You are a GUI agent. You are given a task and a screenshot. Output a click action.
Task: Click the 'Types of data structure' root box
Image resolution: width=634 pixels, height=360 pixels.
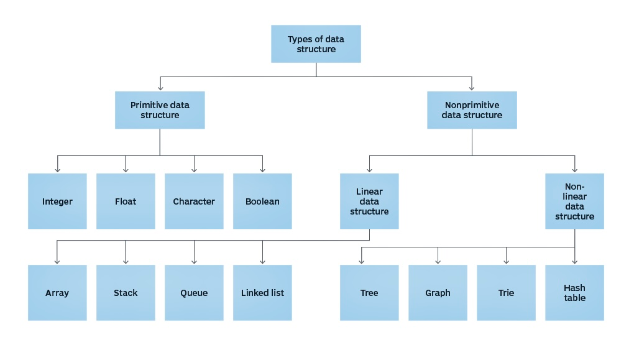(x=316, y=44)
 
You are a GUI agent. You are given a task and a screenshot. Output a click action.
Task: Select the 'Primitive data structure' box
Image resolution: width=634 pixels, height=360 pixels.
(x=160, y=110)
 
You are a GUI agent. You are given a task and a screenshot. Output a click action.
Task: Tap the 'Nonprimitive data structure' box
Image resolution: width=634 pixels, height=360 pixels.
(x=472, y=110)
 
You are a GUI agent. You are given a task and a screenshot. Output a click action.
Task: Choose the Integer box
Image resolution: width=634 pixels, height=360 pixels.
(x=57, y=201)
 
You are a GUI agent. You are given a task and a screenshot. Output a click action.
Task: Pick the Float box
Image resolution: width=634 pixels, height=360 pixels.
(x=126, y=201)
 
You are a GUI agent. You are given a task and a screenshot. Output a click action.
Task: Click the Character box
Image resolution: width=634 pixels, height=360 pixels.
(x=194, y=201)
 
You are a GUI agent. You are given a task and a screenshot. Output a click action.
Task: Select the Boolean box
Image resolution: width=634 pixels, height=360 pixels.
(x=262, y=201)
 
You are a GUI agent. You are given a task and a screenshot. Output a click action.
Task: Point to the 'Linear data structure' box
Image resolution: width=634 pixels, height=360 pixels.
(x=369, y=201)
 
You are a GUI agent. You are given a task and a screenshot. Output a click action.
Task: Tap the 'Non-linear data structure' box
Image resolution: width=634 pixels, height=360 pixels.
(x=574, y=201)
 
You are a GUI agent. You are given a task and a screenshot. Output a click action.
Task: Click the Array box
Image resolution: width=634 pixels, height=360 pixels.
(x=57, y=293)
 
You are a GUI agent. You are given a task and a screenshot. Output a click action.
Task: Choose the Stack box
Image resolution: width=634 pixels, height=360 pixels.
(x=126, y=293)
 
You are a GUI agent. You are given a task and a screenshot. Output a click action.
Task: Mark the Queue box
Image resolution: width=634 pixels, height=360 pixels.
(x=194, y=293)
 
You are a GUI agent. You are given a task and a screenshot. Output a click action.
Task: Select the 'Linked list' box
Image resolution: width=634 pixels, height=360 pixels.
(x=262, y=293)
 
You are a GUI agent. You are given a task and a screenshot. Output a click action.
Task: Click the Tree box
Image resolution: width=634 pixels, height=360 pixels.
(x=369, y=293)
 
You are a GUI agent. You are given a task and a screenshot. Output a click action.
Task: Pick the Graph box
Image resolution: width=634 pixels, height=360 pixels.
(x=438, y=293)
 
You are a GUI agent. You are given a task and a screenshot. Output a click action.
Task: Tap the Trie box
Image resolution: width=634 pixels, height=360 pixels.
(x=506, y=293)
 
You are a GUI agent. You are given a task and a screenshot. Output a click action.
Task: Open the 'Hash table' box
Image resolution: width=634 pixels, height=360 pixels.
(x=574, y=293)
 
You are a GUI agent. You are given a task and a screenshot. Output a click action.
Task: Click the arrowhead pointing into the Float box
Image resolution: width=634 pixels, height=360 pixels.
(x=126, y=169)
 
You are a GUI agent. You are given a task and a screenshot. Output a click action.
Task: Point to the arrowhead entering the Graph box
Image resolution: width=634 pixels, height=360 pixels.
(x=438, y=261)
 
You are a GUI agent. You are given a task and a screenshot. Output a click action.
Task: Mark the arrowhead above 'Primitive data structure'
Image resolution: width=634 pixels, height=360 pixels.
(x=160, y=88)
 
